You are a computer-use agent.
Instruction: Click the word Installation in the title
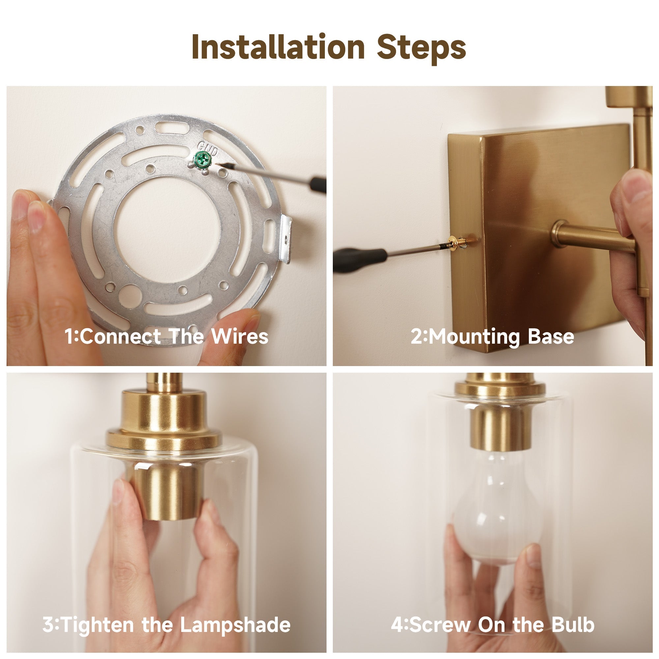tap(278, 47)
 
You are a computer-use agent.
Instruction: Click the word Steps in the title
tap(421, 49)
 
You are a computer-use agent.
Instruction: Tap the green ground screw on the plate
tap(201, 159)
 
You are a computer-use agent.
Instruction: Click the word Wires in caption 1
tap(240, 337)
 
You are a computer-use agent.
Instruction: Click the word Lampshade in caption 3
tap(235, 624)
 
